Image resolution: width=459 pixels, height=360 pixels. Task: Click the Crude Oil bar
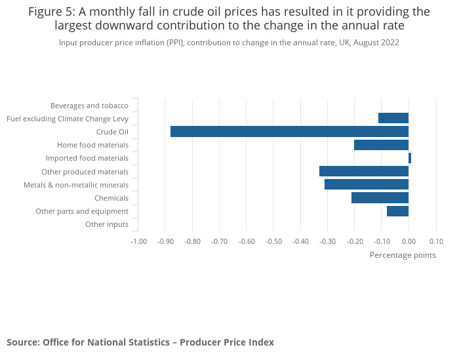pos(289,132)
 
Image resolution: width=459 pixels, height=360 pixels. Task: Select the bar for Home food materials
pos(381,145)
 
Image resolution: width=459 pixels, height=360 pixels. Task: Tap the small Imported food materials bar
pos(410,158)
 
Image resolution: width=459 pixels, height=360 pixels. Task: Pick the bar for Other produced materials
pos(364,171)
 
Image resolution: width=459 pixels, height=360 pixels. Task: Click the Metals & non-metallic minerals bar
pos(367,184)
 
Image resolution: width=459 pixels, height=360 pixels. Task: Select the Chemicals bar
pos(380,198)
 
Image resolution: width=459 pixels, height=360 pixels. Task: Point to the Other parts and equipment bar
pos(397,211)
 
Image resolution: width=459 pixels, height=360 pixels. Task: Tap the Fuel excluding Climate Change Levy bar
pos(393,118)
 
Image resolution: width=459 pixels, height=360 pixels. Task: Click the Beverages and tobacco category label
pos(89,106)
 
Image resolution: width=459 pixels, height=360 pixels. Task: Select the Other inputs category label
pos(107,225)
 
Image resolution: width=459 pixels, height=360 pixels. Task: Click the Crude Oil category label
pos(112,132)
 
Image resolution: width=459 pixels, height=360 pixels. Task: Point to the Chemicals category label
pos(111,198)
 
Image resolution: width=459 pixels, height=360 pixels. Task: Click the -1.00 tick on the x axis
pos(138,241)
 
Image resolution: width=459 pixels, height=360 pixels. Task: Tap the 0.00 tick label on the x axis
pos(409,241)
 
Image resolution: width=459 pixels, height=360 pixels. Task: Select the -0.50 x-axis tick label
pos(273,241)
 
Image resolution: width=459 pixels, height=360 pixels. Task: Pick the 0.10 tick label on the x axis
pos(436,241)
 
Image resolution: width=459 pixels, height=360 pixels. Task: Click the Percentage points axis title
pos(403,255)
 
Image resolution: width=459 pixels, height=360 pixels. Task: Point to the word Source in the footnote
pos(22,342)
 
